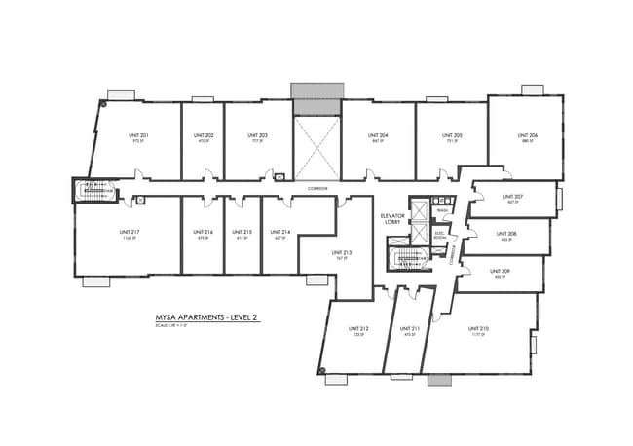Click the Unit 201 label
point(138,135)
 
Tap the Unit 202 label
point(206,135)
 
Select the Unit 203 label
point(257,135)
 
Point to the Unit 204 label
point(378,135)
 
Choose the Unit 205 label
point(452,135)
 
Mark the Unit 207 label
point(513,198)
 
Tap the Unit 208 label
point(505,234)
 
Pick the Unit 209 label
point(501,271)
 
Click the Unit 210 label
point(477,329)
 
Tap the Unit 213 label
point(339,253)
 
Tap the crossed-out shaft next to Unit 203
point(317,147)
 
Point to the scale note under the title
point(170,326)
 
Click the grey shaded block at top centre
point(317,91)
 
